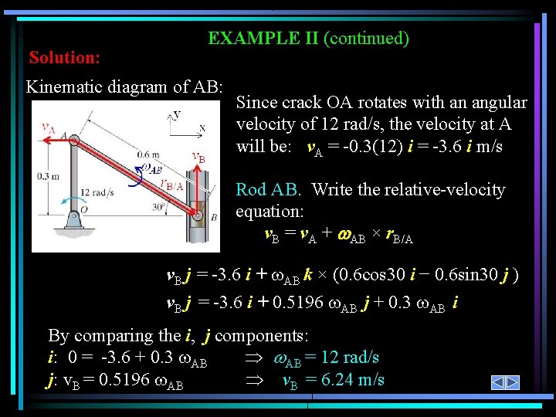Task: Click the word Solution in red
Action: (65, 58)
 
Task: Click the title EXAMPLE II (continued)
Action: (308, 38)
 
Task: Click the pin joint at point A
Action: (74, 140)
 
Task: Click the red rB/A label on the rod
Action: (170, 184)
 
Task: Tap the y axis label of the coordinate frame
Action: (177, 114)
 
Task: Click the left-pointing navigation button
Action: (499, 382)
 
